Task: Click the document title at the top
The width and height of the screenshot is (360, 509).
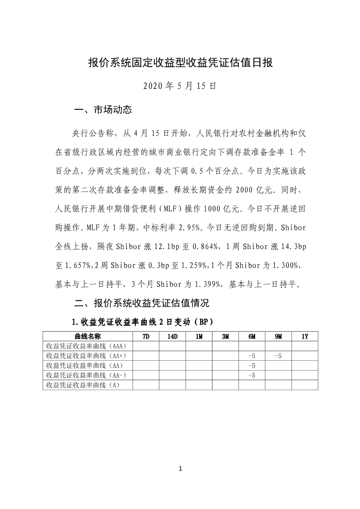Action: pyautogui.click(x=180, y=63)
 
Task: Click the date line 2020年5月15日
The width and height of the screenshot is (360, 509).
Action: pyautogui.click(x=180, y=86)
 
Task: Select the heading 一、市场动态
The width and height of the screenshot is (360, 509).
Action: pyautogui.click(x=103, y=110)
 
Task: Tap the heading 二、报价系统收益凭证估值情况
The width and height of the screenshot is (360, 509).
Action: pyautogui.click(x=141, y=303)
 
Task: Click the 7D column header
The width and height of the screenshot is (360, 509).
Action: pyautogui.click(x=146, y=337)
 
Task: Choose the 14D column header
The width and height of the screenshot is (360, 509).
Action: pyautogui.click(x=173, y=337)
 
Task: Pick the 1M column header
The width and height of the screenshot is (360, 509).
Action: pyautogui.click(x=199, y=337)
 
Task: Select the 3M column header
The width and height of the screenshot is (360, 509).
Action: pyautogui.click(x=226, y=337)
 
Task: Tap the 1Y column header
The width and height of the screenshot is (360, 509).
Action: pyautogui.click(x=305, y=337)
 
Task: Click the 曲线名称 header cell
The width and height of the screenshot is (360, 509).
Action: pyautogui.click(x=88, y=337)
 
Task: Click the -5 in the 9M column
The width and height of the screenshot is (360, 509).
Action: pyautogui.click(x=278, y=356)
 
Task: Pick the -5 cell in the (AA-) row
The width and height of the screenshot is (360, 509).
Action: pyautogui.click(x=252, y=375)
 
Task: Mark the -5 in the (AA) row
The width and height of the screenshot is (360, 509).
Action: pyautogui.click(x=252, y=366)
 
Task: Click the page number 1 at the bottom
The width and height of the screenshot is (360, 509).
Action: pyautogui.click(x=180, y=469)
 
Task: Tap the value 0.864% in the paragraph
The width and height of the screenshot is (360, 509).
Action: pyautogui.click(x=208, y=247)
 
